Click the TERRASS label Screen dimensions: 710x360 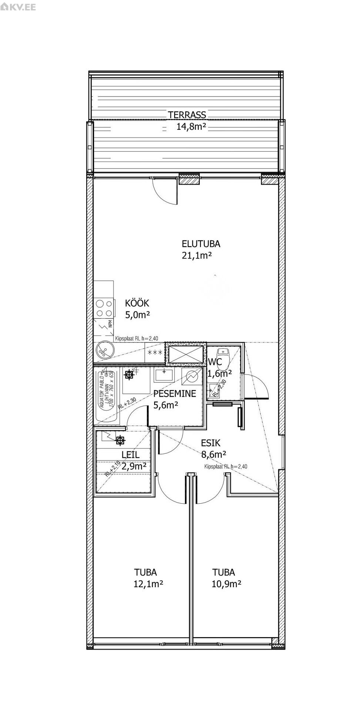point(187,115)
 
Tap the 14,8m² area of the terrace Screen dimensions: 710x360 point(191,127)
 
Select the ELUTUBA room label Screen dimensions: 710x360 point(201,244)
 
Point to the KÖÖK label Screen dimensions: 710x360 point(137,304)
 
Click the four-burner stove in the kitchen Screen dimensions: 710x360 point(104,308)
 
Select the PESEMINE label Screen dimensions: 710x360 point(175,394)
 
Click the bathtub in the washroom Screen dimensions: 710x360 point(107,395)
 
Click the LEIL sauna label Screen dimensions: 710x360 point(130,455)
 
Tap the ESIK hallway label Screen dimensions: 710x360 point(211,443)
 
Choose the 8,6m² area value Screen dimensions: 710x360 point(213,454)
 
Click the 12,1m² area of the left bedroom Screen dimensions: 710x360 point(148,584)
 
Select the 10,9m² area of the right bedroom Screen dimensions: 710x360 point(226,584)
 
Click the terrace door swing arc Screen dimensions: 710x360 point(163,192)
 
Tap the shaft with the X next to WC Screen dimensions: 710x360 point(186,353)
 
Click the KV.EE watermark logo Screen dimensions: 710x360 point(18,7)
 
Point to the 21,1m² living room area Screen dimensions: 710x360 point(196,255)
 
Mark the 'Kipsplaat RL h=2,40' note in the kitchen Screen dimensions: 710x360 point(137,338)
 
